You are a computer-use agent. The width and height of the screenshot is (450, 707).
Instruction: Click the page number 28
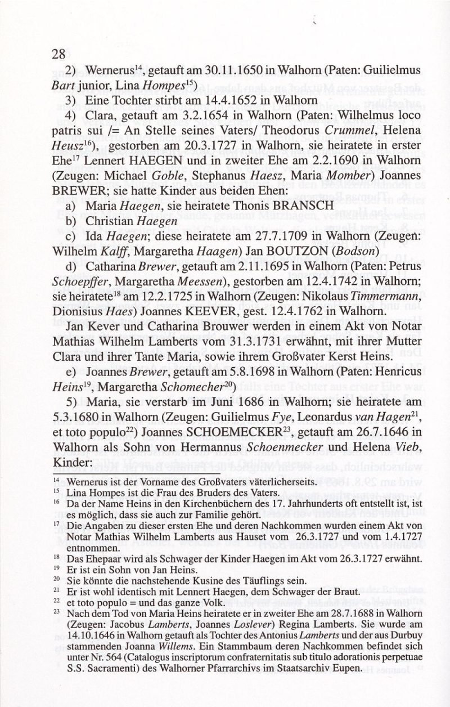point(59,54)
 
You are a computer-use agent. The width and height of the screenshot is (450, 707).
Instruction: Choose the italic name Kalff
point(109,250)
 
